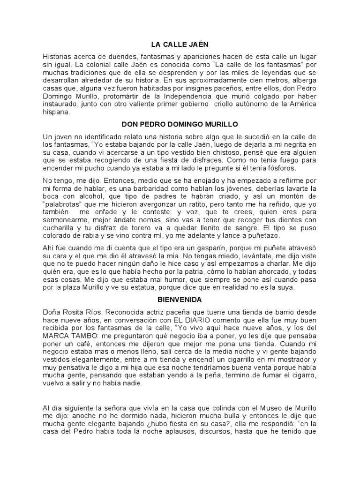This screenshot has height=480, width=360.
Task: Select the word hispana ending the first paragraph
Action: tap(56, 112)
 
